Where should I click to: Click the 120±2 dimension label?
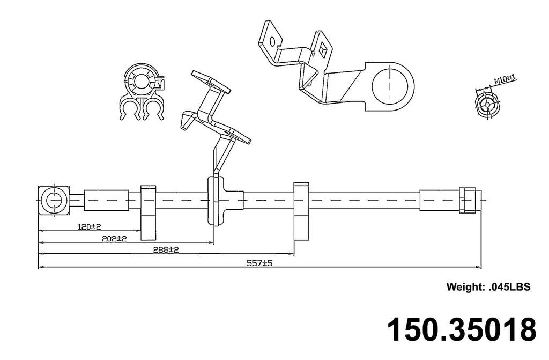tap(90, 227)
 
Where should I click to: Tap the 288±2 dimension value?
tap(165, 249)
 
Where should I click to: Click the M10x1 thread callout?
tap(505, 79)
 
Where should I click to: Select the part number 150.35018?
tap(461, 329)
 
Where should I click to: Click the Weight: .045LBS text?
tap(488, 287)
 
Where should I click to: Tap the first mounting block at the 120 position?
tap(148, 212)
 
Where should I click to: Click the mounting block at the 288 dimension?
tap(301, 211)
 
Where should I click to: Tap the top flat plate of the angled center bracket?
tap(210, 82)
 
